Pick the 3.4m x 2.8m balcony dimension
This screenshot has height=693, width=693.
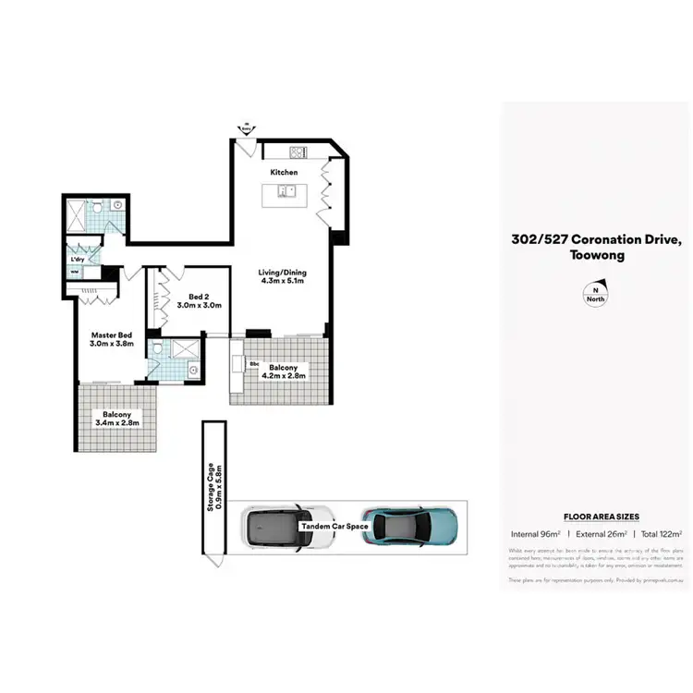click(x=122, y=426)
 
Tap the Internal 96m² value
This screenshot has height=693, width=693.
click(x=536, y=534)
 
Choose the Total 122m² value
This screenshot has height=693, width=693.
click(x=661, y=534)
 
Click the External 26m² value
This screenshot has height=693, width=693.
click(x=600, y=534)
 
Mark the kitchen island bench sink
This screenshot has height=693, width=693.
click(x=287, y=192)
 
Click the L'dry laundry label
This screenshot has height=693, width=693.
click(x=79, y=260)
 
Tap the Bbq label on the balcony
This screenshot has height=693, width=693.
click(x=254, y=364)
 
